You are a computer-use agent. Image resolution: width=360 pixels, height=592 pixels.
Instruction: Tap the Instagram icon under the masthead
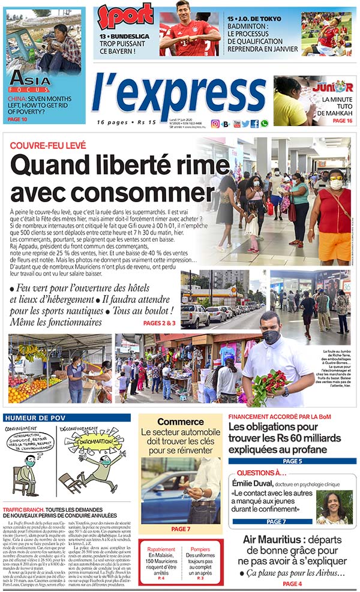215,124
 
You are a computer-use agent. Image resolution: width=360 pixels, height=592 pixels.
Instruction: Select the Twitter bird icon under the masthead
245,124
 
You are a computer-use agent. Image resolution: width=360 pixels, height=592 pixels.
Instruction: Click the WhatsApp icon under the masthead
264,124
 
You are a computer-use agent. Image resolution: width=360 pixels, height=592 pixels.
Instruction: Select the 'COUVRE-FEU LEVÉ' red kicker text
48,146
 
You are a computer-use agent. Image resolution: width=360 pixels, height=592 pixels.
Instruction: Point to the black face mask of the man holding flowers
271,336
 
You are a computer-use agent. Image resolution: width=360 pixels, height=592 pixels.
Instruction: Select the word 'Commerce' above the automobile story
181,422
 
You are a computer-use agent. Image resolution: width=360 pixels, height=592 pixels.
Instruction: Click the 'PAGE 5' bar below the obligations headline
292,461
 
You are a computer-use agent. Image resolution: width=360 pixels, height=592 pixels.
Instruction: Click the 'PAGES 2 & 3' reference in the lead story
160,323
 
